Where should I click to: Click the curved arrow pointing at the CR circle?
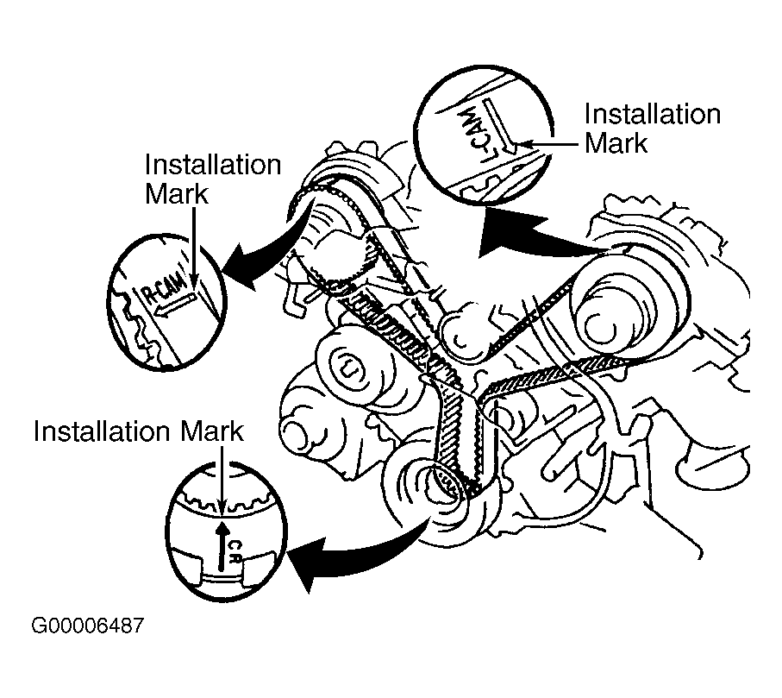point(362,549)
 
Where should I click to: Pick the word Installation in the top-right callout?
point(652,115)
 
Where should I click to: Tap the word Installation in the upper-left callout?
point(213,166)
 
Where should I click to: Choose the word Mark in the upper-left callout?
point(177,193)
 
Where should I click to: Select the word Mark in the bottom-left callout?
point(210,431)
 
